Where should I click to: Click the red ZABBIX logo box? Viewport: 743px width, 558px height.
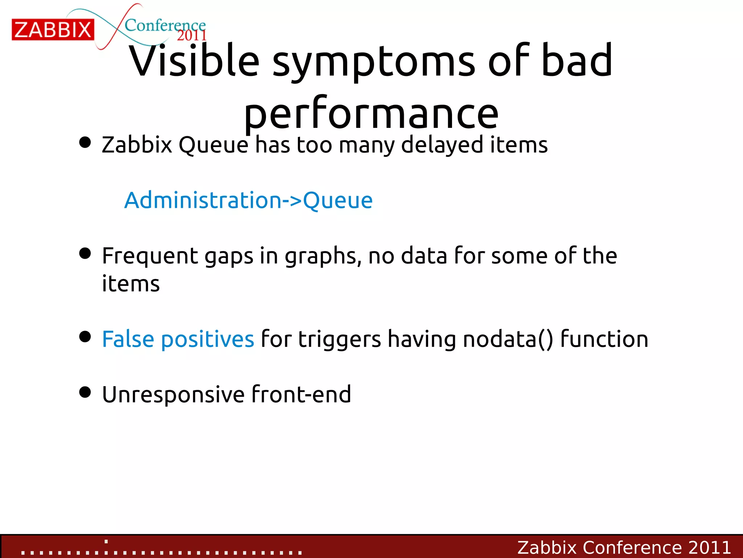[53, 30]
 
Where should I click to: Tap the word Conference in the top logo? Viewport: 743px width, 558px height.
[165, 25]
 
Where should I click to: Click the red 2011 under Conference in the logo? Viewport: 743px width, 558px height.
[192, 36]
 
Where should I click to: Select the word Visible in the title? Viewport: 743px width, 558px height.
[194, 61]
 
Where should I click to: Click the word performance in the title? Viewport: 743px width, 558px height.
[371, 114]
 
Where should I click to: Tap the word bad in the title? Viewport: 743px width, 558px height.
[577, 61]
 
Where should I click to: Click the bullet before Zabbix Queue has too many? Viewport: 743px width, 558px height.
[85, 142]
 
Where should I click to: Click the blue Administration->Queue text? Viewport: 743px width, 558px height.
[249, 200]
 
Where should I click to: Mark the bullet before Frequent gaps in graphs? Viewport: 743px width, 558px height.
[85, 254]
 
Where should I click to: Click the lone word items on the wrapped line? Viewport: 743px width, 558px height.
[131, 284]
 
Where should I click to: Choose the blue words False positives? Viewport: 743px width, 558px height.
[178, 339]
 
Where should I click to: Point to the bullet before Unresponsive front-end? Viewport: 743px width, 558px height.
[85, 392]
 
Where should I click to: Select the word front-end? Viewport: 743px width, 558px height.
[301, 394]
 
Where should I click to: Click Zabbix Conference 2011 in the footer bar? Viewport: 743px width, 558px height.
[624, 547]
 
